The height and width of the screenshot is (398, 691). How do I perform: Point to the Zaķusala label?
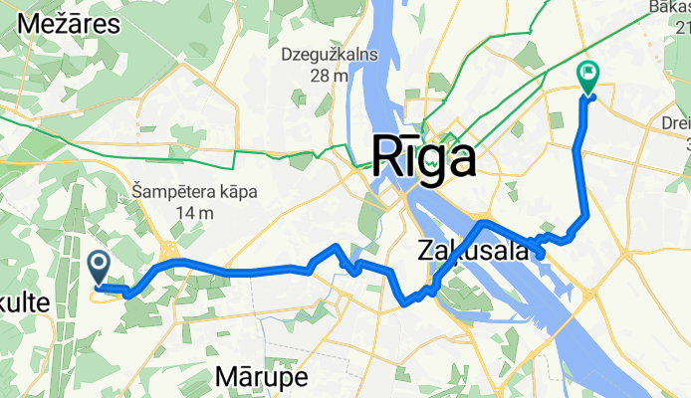pos(472,252)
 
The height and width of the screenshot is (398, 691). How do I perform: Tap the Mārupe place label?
pos(262,376)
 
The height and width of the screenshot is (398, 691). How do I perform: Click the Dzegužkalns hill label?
pos(330,54)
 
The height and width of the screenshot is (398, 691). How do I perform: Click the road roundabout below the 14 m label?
pos(170,249)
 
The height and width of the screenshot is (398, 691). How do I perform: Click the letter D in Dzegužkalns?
pos(287,54)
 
